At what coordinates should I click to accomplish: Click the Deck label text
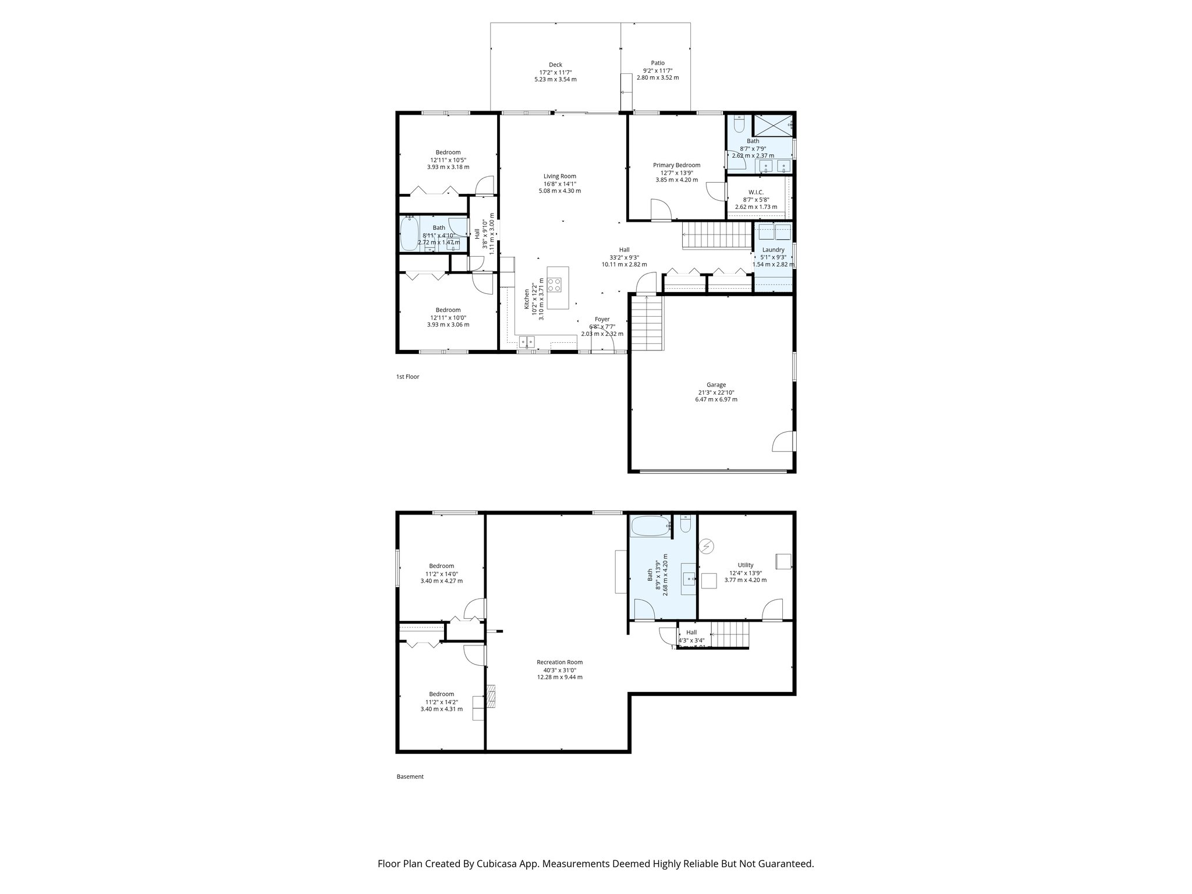click(x=555, y=65)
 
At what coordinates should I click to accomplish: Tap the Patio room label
click(x=657, y=63)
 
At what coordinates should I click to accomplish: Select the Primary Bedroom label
click(x=676, y=165)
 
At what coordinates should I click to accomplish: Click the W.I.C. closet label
click(x=755, y=192)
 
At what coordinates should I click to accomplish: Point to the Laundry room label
click(x=773, y=250)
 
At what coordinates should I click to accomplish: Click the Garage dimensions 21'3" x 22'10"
click(x=716, y=392)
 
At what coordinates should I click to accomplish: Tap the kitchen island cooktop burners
click(x=555, y=285)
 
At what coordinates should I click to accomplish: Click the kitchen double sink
click(x=527, y=342)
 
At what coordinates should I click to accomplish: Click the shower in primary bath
click(x=774, y=125)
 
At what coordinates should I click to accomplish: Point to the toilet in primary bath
click(x=739, y=124)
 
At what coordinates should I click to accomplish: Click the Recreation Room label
click(x=559, y=662)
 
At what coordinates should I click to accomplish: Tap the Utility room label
click(x=745, y=565)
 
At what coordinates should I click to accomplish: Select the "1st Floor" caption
click(x=407, y=377)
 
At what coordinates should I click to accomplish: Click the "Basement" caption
click(x=410, y=776)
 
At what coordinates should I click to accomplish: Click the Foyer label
click(x=602, y=319)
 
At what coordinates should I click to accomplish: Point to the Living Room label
click(x=559, y=176)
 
